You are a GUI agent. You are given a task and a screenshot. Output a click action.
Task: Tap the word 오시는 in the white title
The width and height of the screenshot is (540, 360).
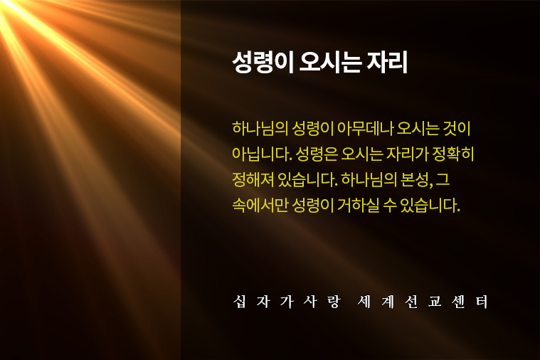click(331, 63)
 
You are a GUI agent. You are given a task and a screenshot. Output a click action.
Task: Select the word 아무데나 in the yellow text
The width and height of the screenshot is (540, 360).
click(366, 128)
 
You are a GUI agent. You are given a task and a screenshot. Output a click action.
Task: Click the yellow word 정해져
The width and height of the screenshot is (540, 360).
click(253, 179)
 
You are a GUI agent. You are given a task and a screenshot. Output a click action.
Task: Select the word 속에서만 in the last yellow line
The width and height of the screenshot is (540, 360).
click(260, 206)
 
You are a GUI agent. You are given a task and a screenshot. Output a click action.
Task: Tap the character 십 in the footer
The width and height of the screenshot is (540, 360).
click(240, 302)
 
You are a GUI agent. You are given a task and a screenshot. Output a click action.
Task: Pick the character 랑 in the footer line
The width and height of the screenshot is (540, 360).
click(334, 302)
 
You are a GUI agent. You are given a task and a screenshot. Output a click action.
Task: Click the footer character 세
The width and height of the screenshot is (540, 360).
click(364, 302)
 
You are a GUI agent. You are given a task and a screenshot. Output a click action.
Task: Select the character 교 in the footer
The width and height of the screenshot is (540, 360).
click(435, 302)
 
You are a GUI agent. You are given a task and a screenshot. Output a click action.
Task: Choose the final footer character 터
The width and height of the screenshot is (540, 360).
click(482, 302)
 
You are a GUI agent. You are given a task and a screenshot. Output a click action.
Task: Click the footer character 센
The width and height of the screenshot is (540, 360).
click(458, 302)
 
